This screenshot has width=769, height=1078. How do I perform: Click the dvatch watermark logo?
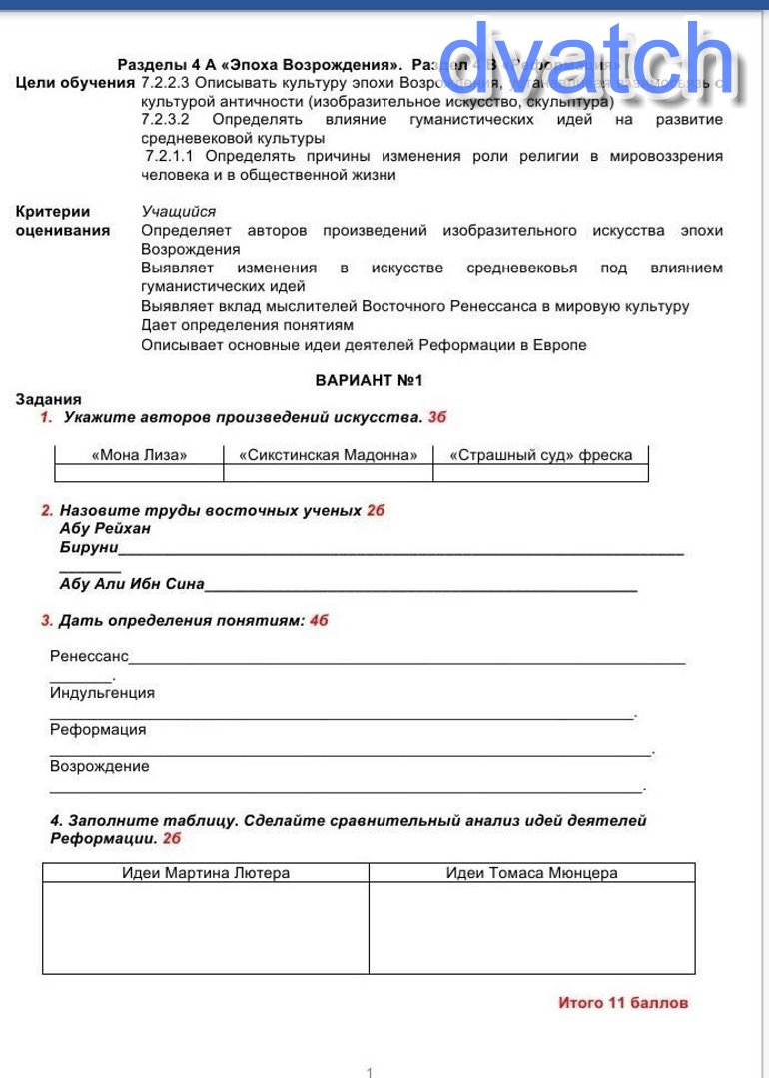pyautogui.click(x=587, y=62)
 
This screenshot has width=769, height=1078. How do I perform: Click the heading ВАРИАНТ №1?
pyautogui.click(x=370, y=380)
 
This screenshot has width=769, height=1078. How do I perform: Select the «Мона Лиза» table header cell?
pyautogui.click(x=139, y=455)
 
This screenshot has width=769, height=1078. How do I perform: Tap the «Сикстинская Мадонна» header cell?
pyautogui.click(x=328, y=455)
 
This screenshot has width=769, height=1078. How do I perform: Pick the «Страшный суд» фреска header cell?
pyautogui.click(x=540, y=455)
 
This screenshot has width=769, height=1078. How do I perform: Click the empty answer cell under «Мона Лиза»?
pyautogui.click(x=139, y=473)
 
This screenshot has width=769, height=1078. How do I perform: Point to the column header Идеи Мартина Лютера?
pyautogui.click(x=206, y=873)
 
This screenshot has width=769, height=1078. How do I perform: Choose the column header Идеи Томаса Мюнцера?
pyautogui.click(x=531, y=873)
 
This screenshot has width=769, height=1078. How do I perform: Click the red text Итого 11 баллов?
pyautogui.click(x=623, y=1002)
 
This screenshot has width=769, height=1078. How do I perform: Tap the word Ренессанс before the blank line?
pyautogui.click(x=89, y=656)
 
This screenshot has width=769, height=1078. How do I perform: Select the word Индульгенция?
pyautogui.click(x=102, y=692)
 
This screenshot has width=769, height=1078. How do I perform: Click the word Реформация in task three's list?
pyautogui.click(x=98, y=729)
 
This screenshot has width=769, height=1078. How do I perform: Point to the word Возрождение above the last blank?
pyautogui.click(x=100, y=766)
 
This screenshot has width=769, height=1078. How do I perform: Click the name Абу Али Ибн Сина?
pyautogui.click(x=132, y=584)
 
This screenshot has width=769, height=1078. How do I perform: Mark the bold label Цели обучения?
pyautogui.click(x=75, y=82)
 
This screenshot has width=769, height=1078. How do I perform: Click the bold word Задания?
pyautogui.click(x=49, y=399)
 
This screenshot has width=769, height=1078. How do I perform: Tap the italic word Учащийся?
pyautogui.click(x=178, y=211)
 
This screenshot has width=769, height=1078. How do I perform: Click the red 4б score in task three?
pyautogui.click(x=319, y=620)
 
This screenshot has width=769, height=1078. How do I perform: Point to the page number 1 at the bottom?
pyautogui.click(x=370, y=1073)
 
